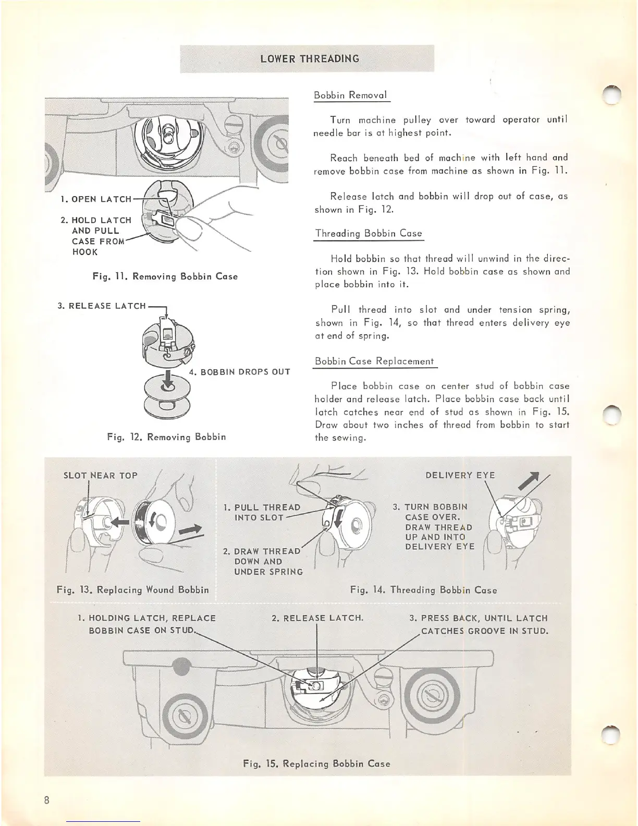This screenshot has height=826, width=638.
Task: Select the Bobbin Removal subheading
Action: click(x=350, y=95)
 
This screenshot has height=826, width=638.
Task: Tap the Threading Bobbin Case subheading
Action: click(x=369, y=233)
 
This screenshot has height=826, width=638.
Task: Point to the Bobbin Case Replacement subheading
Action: click(x=374, y=361)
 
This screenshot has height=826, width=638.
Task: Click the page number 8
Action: click(x=47, y=800)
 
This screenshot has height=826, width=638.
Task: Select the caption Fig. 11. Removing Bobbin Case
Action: click(x=165, y=276)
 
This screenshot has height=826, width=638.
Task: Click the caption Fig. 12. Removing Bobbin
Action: click(x=166, y=436)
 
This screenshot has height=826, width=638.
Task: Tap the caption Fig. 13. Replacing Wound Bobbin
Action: click(x=132, y=590)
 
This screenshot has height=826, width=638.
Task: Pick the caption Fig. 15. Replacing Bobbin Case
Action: click(x=316, y=763)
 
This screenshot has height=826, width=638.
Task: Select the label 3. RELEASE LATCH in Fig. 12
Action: click(x=102, y=306)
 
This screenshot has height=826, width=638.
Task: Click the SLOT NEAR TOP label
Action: click(x=100, y=475)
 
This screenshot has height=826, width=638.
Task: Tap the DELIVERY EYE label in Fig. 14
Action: click(x=460, y=475)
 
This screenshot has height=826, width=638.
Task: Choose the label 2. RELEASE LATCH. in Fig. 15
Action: click(x=317, y=618)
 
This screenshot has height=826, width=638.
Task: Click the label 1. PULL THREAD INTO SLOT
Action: click(x=262, y=512)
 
